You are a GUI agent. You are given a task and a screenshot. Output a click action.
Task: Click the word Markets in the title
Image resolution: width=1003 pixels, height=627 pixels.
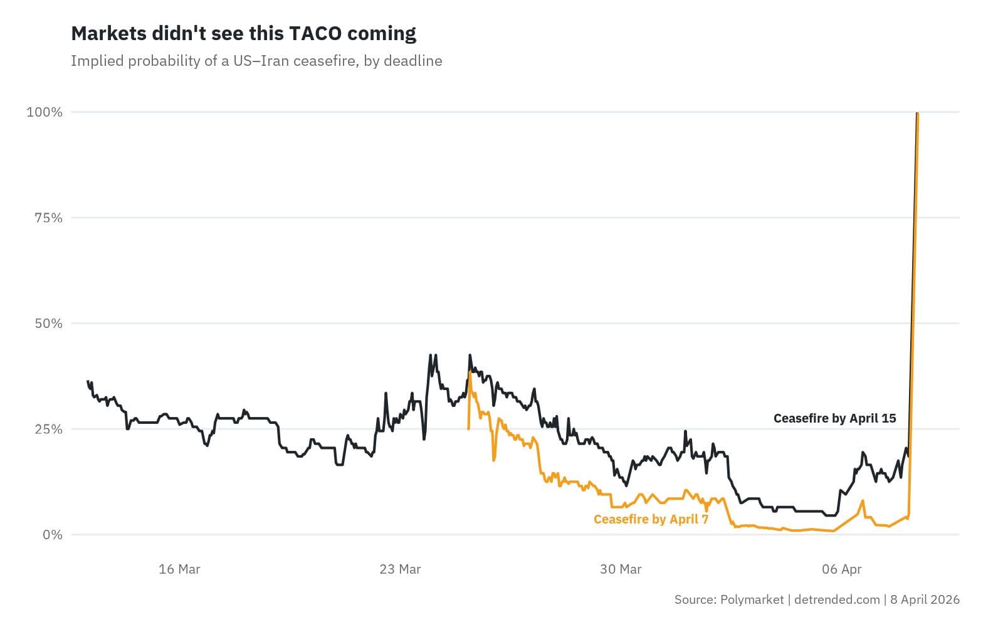coord(109,34)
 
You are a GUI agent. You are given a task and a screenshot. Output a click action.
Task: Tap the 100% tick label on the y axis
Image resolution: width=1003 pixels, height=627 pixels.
coord(45,112)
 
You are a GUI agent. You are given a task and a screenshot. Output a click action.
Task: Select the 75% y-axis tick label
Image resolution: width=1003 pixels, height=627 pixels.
coord(48,218)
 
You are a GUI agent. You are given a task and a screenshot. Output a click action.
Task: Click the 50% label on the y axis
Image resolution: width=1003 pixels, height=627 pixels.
coord(48,324)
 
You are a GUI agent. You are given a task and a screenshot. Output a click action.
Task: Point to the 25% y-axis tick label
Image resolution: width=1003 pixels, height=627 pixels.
coord(48,429)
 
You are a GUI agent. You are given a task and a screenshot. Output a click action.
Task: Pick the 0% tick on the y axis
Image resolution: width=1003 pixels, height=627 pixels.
coord(53,535)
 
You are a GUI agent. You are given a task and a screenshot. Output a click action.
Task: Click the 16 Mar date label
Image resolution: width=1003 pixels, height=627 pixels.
coord(179,569)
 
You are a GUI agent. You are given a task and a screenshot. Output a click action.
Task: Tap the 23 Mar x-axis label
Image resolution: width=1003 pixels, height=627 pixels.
coord(401,569)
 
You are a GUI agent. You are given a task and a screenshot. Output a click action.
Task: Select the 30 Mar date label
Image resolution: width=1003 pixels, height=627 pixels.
coord(621,569)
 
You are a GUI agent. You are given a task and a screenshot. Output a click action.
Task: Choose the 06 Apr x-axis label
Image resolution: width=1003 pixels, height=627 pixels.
coord(842,569)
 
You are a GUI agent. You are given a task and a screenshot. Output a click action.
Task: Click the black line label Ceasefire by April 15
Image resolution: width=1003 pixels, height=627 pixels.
coord(834,418)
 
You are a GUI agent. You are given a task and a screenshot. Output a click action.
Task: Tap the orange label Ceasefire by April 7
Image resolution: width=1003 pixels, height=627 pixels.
coord(651,519)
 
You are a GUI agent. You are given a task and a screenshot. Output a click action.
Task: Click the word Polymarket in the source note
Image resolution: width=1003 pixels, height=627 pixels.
coord(752,599)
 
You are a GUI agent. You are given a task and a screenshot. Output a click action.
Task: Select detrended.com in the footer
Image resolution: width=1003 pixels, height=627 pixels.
coord(837,599)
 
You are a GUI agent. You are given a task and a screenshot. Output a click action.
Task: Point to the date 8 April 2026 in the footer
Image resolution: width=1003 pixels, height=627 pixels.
coord(925,599)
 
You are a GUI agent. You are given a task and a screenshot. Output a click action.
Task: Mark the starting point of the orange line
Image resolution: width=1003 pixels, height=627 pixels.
coord(469,429)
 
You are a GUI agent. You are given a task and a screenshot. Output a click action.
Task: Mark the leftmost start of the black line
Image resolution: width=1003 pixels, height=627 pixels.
coord(88,381)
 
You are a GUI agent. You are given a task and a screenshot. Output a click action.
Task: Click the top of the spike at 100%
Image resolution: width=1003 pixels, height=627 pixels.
coord(918,113)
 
